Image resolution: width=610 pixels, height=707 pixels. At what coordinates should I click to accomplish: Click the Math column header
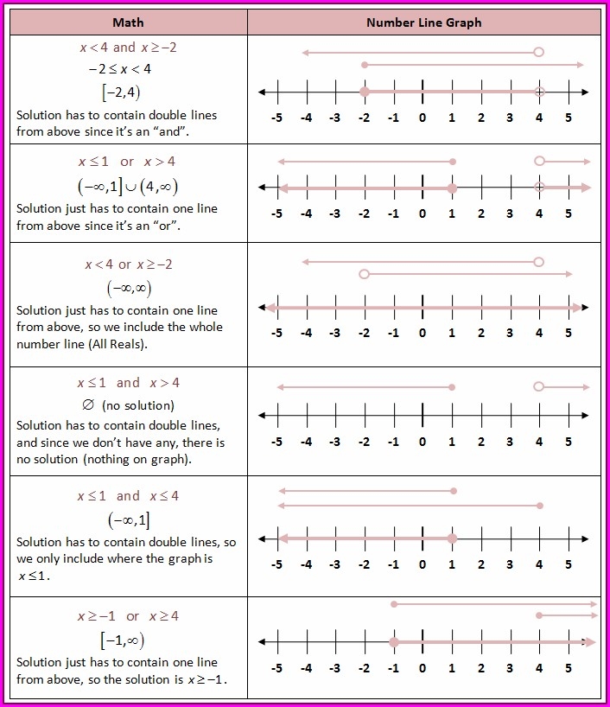click(128, 22)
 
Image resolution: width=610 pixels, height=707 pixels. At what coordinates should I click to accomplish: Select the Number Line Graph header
click(423, 22)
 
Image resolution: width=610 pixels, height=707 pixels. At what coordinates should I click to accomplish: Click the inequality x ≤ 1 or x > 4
click(127, 162)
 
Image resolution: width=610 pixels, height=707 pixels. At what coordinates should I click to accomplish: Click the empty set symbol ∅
click(87, 404)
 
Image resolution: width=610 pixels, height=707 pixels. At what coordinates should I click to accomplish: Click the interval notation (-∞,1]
click(128, 519)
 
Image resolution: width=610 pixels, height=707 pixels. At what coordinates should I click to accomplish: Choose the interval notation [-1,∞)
click(122, 640)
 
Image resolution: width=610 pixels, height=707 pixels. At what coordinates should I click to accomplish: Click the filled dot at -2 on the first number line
click(365, 92)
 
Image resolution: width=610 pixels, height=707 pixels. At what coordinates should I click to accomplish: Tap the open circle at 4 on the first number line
click(539, 92)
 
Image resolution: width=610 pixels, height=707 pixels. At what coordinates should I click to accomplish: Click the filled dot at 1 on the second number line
click(452, 188)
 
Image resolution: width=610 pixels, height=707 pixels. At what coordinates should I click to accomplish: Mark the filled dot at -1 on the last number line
click(393, 642)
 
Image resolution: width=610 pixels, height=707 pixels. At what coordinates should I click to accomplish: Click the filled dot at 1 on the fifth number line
click(452, 538)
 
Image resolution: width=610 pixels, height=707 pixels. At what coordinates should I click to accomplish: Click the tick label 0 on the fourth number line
click(423, 442)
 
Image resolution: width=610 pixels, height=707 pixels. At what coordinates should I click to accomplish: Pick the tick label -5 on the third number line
click(276, 332)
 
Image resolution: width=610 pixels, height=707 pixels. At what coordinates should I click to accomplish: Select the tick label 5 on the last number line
click(569, 667)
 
